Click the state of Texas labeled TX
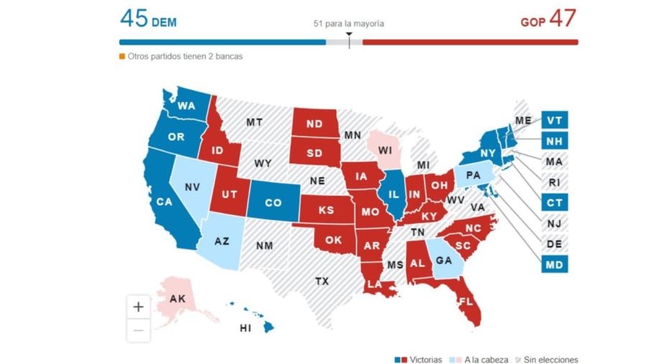(321, 281)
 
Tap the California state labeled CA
(164, 201)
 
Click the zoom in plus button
(139, 306)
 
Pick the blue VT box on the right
(554, 120)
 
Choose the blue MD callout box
(554, 265)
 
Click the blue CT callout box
(554, 203)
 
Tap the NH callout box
(554, 141)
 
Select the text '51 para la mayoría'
(349, 24)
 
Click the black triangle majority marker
(349, 34)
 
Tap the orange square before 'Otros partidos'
(121, 56)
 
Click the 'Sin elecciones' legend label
(550, 360)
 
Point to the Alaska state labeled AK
(178, 299)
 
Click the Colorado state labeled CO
(273, 203)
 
